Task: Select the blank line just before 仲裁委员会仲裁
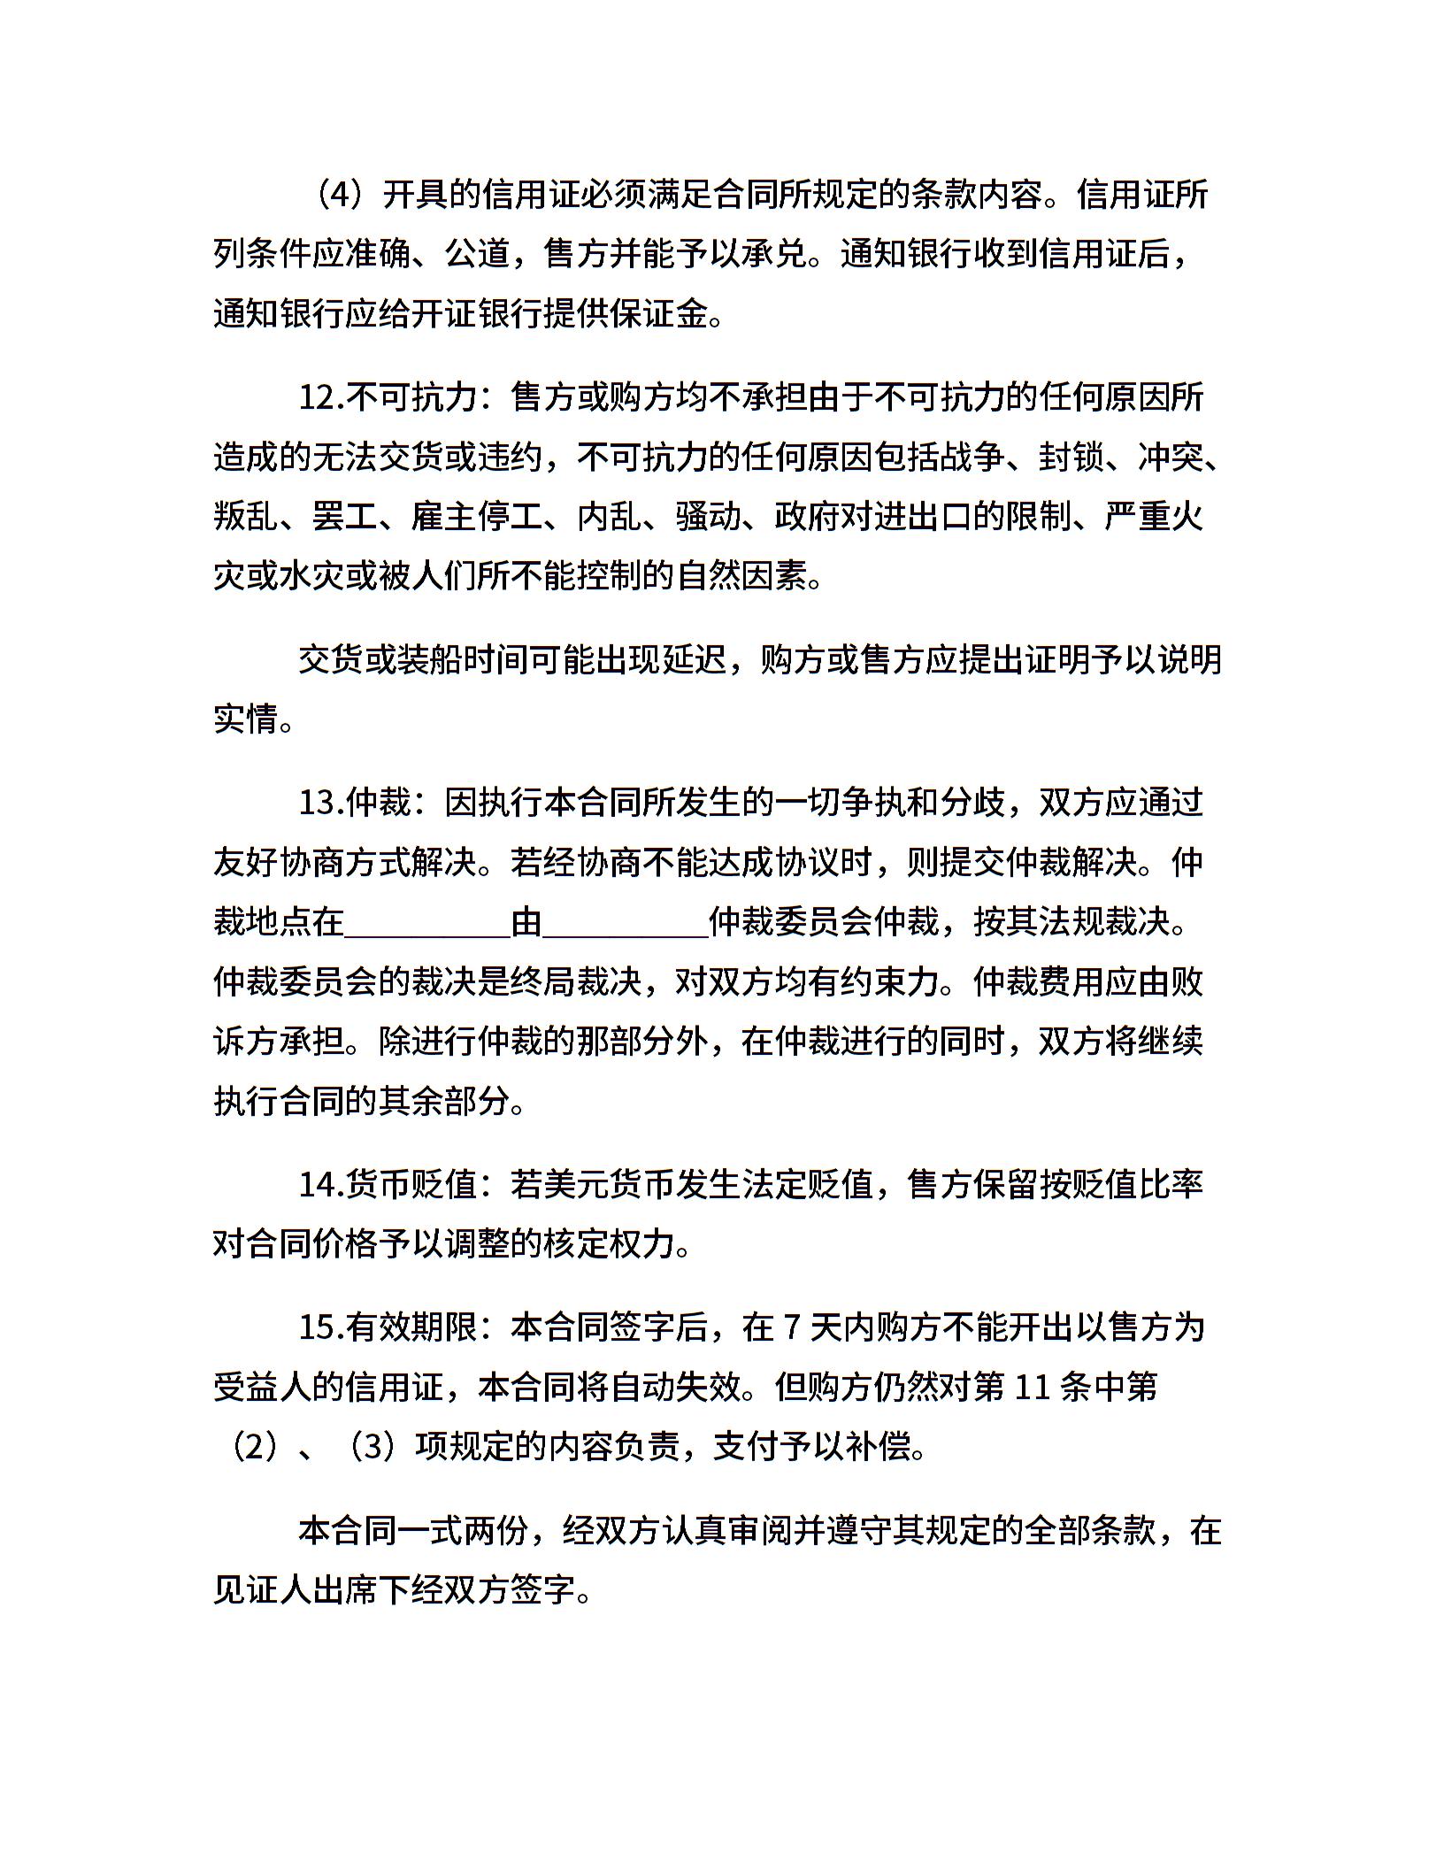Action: pos(626,923)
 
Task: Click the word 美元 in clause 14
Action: pos(576,1184)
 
